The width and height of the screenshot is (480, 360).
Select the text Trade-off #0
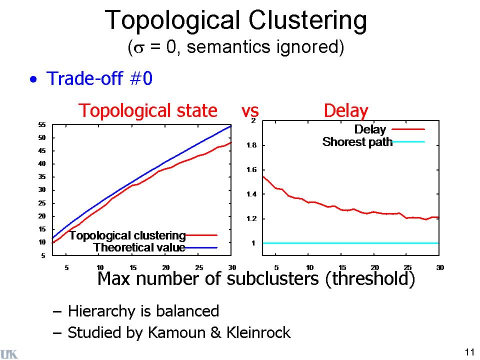(x=99, y=79)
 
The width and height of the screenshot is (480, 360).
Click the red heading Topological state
(x=148, y=110)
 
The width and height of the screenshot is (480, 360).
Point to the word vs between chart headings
(x=250, y=110)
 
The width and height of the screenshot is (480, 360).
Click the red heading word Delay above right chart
(x=346, y=110)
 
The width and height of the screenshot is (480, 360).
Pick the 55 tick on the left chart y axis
(x=42, y=124)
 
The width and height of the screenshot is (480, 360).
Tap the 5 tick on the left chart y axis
(x=43, y=255)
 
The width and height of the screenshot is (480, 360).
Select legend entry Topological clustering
(x=127, y=235)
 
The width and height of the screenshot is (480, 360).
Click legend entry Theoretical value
(x=139, y=247)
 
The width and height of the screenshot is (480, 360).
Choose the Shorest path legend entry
(x=357, y=141)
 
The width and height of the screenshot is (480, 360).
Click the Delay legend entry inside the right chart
(x=370, y=129)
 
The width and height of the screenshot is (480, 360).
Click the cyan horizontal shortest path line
(x=350, y=243)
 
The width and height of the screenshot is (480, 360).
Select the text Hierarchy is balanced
(x=143, y=311)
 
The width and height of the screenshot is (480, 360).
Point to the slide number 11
(x=469, y=351)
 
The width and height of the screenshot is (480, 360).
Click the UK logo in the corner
(x=9, y=354)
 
